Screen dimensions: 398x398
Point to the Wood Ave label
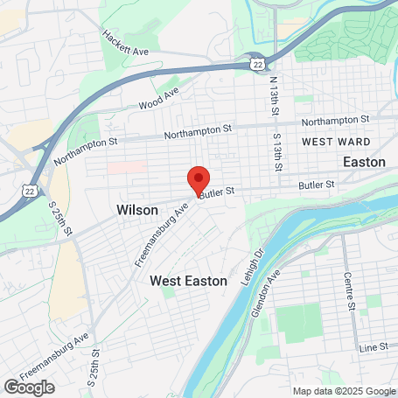click(158, 99)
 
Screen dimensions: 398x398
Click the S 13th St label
click(277, 150)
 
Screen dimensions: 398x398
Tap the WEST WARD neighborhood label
click(335, 142)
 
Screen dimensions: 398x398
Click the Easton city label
click(365, 162)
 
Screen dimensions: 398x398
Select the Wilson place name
click(137, 211)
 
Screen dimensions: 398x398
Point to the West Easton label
click(188, 281)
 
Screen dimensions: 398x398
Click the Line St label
click(374, 347)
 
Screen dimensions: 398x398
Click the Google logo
click(29, 387)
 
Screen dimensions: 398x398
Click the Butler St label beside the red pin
click(219, 192)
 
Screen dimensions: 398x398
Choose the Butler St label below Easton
click(318, 185)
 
